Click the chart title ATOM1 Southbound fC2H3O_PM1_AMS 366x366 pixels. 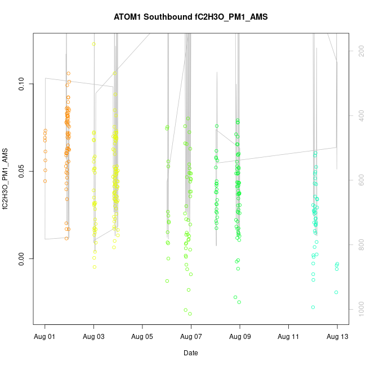tap(190, 17)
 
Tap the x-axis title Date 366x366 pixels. tap(190, 353)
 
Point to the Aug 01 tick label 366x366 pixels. tap(45, 337)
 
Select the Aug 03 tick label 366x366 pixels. tap(93, 337)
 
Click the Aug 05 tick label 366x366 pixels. tap(142, 337)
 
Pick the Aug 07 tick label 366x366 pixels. tap(191, 337)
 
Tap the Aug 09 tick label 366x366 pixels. tap(240, 337)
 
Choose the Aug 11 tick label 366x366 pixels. tap(288, 337)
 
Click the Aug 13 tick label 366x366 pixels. tap(337, 337)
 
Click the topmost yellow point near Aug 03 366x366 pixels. tap(93, 44)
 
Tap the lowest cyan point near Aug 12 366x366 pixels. tap(313, 307)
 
